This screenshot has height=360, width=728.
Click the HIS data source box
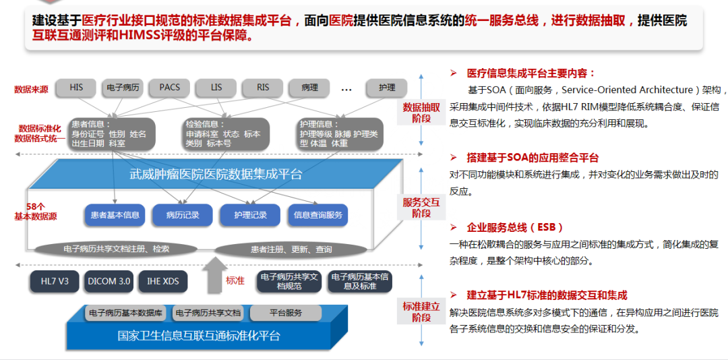coord(76,88)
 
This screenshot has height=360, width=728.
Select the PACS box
coord(169,88)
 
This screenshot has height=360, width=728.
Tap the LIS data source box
coord(216,88)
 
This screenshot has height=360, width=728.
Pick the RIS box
coord(263,88)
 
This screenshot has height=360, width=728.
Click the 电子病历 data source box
coord(123,88)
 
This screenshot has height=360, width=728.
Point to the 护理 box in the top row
coord(387,88)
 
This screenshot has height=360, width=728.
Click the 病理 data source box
coord(309,88)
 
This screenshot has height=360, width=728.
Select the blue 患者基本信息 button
coord(115,215)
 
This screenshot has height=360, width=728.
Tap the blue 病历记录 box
coord(183,215)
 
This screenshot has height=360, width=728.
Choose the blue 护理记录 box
coord(250,215)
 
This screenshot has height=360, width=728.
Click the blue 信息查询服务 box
coord(318,215)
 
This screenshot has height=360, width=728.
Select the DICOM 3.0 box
coord(109,281)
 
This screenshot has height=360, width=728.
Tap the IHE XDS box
coord(162,281)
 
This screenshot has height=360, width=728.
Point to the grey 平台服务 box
coord(286,313)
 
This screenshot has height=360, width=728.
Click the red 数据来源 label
coord(31,90)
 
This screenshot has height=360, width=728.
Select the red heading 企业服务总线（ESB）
coord(515,227)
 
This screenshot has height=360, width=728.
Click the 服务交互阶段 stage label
coord(421,207)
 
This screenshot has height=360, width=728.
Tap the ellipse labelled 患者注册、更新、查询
coord(291,249)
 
